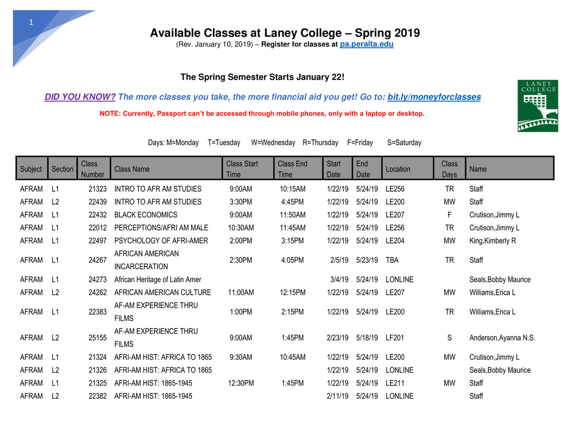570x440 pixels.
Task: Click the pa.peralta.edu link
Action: pyautogui.click(x=366, y=44)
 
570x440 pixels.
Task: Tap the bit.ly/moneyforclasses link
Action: pyautogui.click(x=434, y=97)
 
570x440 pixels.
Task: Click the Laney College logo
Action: pyautogui.click(x=538, y=106)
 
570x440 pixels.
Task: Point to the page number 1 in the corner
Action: pyautogui.click(x=31, y=22)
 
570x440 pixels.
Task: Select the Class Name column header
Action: pyautogui.click(x=132, y=169)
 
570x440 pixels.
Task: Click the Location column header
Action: pyautogui.click(x=398, y=169)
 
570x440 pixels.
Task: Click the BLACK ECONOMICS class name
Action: pyautogui.click(x=146, y=215)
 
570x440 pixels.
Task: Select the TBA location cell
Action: pyautogui.click(x=392, y=260)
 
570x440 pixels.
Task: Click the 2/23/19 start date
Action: pyautogui.click(x=337, y=338)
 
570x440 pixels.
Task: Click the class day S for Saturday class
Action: pyautogui.click(x=449, y=338)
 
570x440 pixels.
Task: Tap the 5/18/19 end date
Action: pyautogui.click(x=367, y=338)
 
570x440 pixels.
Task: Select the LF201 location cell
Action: pyautogui.click(x=395, y=338)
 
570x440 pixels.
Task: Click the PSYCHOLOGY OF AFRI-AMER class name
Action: pyautogui.click(x=161, y=241)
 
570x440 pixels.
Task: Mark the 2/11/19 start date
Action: pyautogui.click(x=337, y=396)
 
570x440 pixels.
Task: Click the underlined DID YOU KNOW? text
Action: pyautogui.click(x=80, y=97)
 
